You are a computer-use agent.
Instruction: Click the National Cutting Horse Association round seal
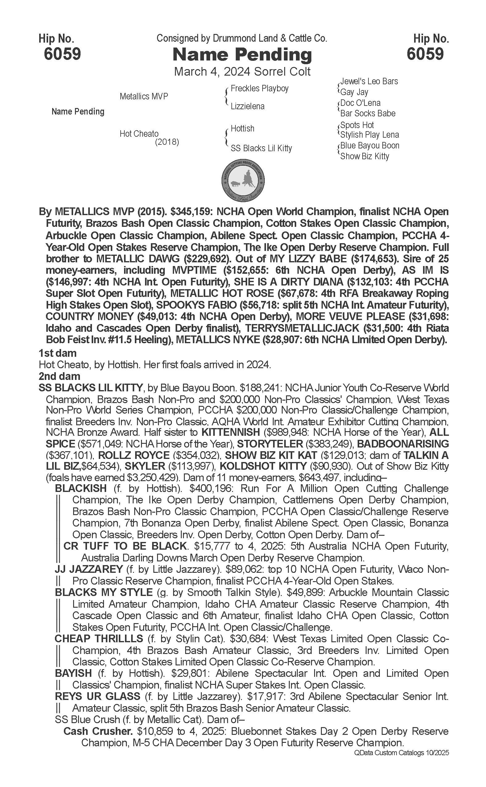243,180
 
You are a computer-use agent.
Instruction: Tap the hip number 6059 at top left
62,54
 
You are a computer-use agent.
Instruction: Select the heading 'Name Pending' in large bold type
242,55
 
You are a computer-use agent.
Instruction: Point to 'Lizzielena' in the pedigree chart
247,106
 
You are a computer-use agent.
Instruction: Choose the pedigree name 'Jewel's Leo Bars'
369,81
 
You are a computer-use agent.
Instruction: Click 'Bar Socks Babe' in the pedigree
368,113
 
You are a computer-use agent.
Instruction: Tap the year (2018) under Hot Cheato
167,142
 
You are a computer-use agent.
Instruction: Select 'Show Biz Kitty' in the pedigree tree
364,156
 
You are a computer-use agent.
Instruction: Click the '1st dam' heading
57,353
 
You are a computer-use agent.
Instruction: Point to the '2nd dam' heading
59,376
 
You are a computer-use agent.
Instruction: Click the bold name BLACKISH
81,488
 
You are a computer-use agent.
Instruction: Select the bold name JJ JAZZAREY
89,569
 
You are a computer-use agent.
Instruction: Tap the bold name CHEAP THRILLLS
99,639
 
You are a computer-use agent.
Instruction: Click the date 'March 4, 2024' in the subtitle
211,71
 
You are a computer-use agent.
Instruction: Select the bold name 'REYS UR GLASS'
98,696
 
